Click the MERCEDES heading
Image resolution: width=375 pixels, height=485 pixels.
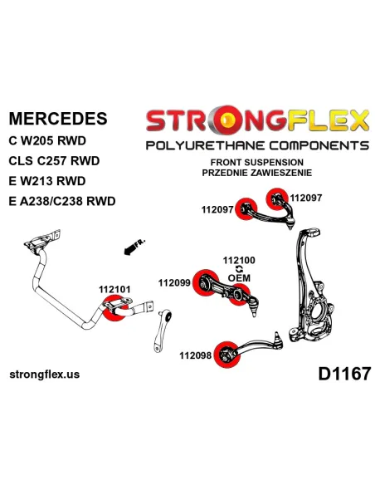58,119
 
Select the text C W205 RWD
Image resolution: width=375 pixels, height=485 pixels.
47,141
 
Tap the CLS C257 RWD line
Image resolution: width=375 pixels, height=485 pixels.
54,161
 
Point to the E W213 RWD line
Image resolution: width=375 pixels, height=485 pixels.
47,181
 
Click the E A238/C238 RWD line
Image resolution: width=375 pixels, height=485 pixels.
62,201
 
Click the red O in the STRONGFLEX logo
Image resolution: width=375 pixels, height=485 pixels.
228,120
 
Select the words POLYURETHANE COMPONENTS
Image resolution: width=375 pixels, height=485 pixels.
257,145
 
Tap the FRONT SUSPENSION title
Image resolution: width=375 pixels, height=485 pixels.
257,163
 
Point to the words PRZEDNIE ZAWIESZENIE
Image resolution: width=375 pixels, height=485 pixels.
257,173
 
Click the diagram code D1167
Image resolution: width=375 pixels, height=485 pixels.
344,374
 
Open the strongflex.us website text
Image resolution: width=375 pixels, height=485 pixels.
45,375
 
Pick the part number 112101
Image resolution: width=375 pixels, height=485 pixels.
114,290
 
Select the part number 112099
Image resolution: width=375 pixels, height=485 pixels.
174,282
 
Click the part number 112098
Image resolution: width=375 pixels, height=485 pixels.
196,355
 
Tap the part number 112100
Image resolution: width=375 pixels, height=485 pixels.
239,261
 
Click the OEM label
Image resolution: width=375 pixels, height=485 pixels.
239,278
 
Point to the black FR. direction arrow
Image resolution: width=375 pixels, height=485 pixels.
131,248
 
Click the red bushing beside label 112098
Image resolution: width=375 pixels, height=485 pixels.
227,355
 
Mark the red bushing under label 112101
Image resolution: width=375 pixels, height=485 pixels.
115,308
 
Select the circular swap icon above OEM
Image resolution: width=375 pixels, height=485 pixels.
239,269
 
